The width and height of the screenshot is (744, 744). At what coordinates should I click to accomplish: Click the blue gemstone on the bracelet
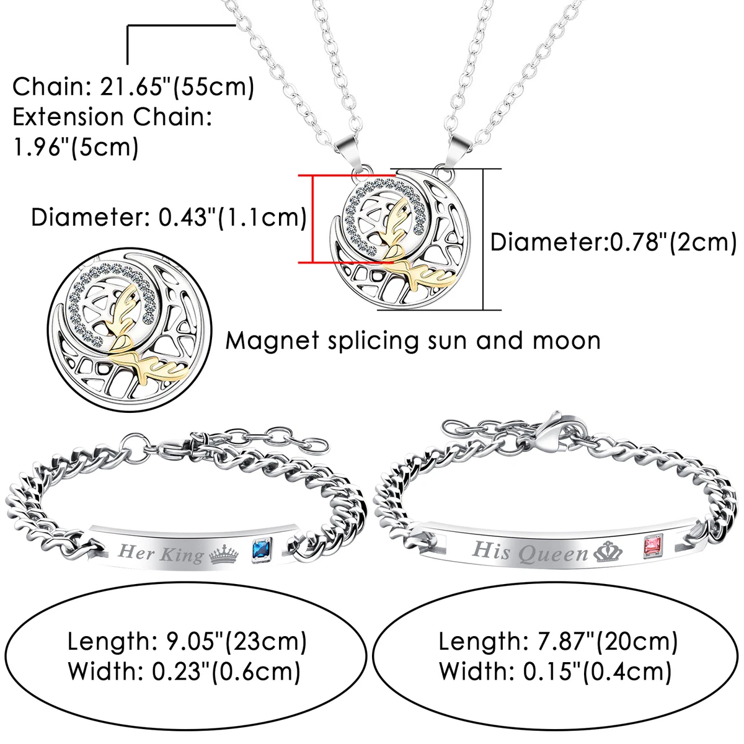[x=262, y=549]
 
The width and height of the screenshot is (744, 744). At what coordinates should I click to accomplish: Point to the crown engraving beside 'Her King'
[x=224, y=555]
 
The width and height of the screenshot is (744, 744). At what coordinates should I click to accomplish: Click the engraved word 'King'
[x=182, y=554]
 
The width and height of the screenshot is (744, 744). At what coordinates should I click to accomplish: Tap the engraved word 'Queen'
[x=553, y=553]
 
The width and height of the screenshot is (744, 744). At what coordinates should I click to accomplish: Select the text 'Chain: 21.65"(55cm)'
[x=133, y=87]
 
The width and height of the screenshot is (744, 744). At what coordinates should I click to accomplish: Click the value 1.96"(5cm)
[x=76, y=147]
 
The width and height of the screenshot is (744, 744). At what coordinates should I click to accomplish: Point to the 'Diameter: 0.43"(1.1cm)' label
[x=169, y=218]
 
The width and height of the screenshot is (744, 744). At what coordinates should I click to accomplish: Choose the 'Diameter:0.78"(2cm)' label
[x=614, y=243]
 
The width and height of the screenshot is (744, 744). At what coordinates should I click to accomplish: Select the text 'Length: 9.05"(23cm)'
[x=187, y=642]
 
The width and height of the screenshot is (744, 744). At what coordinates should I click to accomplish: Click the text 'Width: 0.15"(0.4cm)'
[x=555, y=671]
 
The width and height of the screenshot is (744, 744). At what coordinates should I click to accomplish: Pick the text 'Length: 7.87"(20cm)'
[x=558, y=641]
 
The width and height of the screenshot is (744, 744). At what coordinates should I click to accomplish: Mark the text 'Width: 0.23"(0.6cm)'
[x=184, y=671]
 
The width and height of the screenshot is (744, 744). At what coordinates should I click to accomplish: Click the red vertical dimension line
[x=312, y=219]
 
